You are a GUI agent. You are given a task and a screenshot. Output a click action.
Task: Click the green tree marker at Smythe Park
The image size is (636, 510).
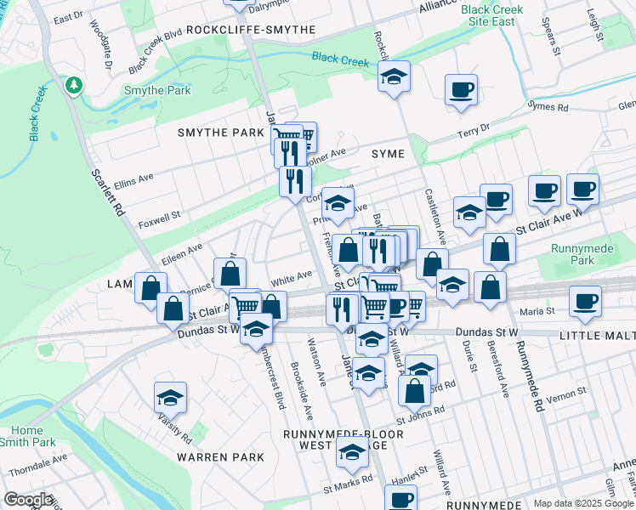(x=74, y=86)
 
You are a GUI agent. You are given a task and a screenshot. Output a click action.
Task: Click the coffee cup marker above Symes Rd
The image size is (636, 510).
(x=461, y=90)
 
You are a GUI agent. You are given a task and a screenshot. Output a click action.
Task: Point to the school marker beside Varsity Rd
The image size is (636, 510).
(x=170, y=398)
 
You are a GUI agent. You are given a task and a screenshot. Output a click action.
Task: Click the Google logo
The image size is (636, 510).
(x=28, y=500)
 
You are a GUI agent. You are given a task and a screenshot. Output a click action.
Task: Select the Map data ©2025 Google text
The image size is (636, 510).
(x=583, y=503)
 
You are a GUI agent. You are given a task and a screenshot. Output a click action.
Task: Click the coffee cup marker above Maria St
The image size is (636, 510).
(x=584, y=302)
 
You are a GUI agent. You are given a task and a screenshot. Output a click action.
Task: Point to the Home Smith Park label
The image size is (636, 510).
(x=32, y=436)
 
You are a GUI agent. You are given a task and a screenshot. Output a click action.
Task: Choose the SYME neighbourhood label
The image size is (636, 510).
(x=388, y=153)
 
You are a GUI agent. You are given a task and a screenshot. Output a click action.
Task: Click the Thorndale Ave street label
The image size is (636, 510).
(x=37, y=464)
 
